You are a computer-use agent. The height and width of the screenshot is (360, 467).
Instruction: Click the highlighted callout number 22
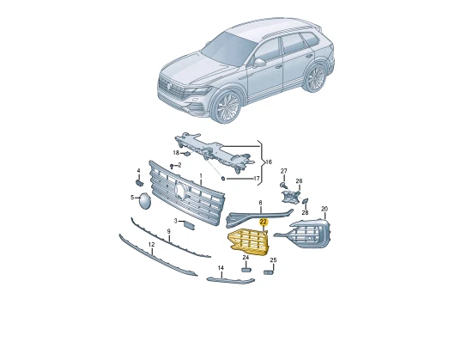tap(264, 222)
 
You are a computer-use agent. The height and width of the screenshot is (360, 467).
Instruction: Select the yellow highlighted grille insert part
tap(248, 242)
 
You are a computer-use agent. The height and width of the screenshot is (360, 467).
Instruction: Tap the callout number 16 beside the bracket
tap(269, 162)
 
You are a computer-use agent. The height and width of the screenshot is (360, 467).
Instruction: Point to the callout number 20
tap(324, 209)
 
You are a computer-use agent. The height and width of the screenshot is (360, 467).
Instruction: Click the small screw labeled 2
tap(172, 166)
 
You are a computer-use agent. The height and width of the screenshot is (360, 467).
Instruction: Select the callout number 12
tap(152, 245)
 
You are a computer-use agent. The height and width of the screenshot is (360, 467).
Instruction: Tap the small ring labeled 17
tap(223, 179)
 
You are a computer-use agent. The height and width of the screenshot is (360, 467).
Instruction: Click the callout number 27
tap(284, 171)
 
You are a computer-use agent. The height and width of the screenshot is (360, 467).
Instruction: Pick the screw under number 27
tap(283, 186)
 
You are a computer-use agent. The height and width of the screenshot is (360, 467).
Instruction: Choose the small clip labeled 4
tap(139, 182)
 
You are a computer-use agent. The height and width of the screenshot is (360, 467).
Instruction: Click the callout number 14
tap(221, 268)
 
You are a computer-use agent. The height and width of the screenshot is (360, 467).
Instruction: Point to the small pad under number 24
tap(246, 270)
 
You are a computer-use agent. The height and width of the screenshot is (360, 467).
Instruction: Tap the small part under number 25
tap(269, 272)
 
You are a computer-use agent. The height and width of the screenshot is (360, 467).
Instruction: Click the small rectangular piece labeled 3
tap(189, 225)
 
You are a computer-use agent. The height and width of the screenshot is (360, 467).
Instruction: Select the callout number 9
tap(168, 231)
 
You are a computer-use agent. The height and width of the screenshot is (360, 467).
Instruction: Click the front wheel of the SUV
tap(227, 107)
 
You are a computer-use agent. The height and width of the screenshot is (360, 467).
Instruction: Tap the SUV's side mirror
tap(259, 63)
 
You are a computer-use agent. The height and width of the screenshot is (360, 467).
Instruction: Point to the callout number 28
tap(305, 212)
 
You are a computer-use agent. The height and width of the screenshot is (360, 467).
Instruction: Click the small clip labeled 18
tap(186, 154)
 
